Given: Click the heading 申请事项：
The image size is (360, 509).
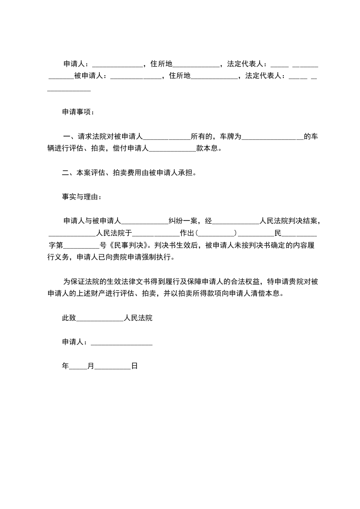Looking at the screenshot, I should pyautogui.click(x=79, y=112).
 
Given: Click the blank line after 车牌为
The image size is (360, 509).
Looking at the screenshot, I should pyautogui.click(x=272, y=137).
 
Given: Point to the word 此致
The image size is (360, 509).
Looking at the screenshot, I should pyautogui.click(x=69, y=318).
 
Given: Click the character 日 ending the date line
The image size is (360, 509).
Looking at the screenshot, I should pyautogui.click(x=134, y=366).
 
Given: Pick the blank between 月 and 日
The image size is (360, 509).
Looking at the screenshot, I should pyautogui.click(x=113, y=367).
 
